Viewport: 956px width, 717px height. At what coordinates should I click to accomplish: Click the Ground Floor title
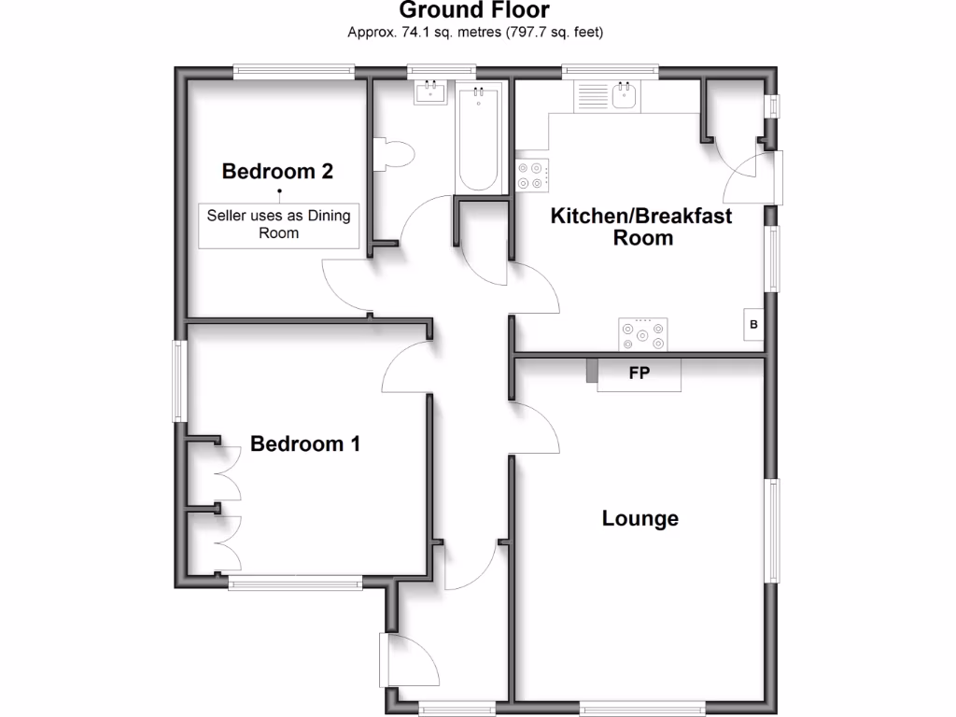(x=475, y=11)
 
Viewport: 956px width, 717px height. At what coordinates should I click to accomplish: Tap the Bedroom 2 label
(x=277, y=172)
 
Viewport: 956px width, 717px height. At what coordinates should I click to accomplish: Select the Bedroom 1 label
(x=305, y=443)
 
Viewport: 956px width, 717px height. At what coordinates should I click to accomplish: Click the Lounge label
(x=640, y=518)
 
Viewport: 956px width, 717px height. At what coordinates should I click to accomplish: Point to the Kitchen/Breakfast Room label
(x=641, y=227)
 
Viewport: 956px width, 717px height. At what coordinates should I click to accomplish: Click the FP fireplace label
(x=640, y=373)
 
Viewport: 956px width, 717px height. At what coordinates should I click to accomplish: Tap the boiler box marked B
(x=753, y=325)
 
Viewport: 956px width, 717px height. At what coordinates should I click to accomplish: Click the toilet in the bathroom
(x=391, y=154)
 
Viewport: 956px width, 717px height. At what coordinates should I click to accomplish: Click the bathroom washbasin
(x=431, y=91)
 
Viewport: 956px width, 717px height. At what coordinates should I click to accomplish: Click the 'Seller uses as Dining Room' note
(x=279, y=224)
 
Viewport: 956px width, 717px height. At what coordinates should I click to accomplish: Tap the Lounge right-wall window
(x=773, y=529)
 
